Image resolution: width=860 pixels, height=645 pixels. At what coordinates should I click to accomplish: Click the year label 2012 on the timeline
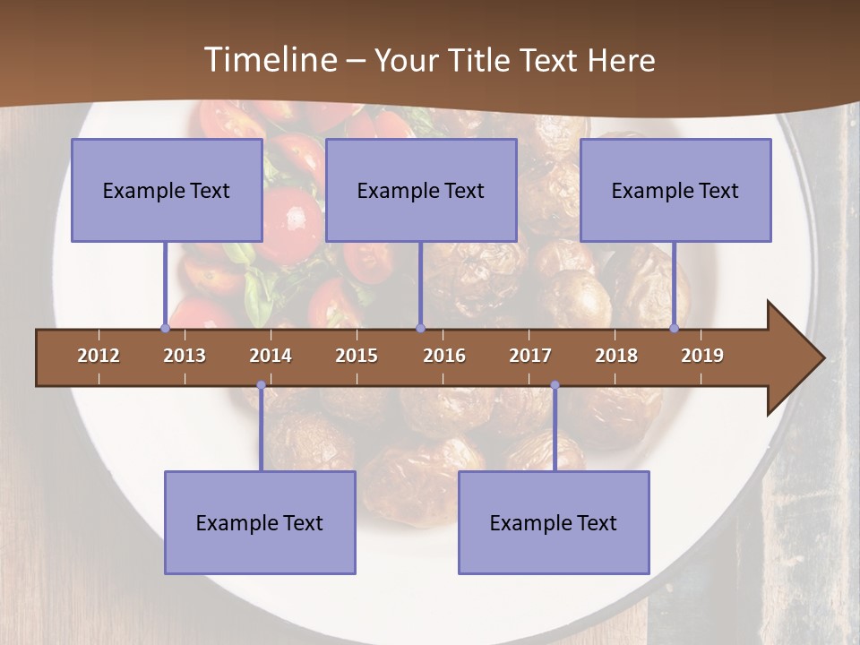99,356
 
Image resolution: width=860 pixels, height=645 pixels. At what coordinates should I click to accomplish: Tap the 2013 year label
185,356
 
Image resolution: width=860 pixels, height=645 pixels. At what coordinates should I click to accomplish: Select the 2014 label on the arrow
271,356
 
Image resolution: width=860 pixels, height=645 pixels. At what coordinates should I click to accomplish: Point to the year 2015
357,356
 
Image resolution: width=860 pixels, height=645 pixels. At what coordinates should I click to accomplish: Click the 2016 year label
444,356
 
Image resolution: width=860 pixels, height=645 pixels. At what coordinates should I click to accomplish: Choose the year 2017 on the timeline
530,356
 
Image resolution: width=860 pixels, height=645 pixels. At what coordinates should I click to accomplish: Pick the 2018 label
616,356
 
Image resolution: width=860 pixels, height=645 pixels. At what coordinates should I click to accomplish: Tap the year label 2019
702,356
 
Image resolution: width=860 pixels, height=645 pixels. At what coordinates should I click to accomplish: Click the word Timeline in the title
269,60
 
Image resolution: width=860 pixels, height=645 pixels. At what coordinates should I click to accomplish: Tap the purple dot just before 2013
165,328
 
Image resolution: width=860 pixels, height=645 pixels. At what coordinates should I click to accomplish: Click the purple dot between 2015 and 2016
420,328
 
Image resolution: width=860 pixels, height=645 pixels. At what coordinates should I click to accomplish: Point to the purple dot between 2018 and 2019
675,328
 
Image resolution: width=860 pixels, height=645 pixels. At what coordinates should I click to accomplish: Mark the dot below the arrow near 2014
261,385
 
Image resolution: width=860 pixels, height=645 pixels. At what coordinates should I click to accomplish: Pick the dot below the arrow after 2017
555,385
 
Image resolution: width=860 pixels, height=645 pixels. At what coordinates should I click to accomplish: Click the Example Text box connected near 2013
167,190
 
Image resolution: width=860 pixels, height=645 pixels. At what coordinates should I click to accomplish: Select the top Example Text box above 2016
421,190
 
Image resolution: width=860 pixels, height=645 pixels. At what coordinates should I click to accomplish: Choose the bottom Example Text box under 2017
554,522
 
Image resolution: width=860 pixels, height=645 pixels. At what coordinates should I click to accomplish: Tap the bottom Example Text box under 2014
260,522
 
